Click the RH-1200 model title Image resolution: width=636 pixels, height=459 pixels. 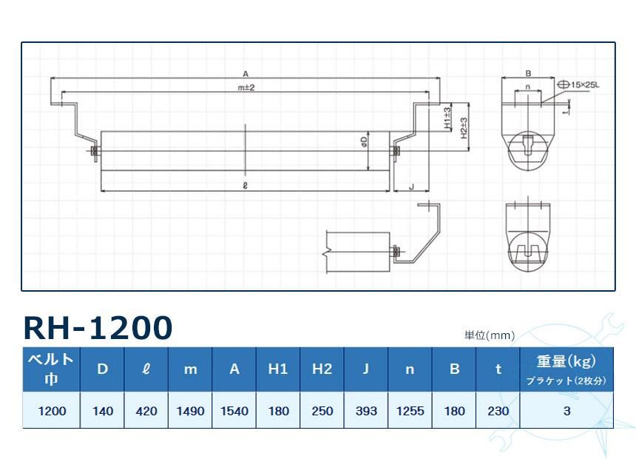(x=98, y=326)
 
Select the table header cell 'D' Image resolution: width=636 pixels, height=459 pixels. (x=103, y=369)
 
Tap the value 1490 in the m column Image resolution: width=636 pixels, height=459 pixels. (x=190, y=411)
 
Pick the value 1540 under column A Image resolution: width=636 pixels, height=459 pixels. (x=234, y=411)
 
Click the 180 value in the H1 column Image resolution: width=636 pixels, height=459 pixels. (x=278, y=411)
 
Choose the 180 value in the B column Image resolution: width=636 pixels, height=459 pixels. (x=454, y=411)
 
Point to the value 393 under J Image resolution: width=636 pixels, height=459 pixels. (x=365, y=411)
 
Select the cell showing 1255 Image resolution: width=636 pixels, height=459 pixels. (x=410, y=411)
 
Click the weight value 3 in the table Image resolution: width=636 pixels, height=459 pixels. (x=566, y=411)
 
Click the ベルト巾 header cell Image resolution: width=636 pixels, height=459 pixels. (x=51, y=369)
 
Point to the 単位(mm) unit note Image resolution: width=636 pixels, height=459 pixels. (x=489, y=335)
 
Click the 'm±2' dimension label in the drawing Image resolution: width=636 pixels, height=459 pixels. (x=246, y=88)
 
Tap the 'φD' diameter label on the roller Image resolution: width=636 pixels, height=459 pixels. (x=365, y=139)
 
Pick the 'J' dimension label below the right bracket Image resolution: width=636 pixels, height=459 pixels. (x=410, y=187)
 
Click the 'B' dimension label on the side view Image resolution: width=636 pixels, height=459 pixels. (x=528, y=73)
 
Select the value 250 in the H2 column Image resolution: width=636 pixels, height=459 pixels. (x=322, y=411)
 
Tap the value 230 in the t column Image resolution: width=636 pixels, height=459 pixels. (x=498, y=411)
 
